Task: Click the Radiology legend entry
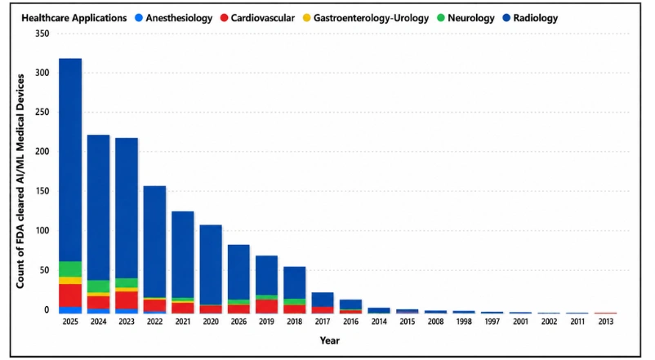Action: (x=531, y=18)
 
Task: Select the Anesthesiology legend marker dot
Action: (x=139, y=18)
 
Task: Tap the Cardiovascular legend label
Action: (x=263, y=18)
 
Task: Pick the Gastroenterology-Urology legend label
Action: (x=371, y=19)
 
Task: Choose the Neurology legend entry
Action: (x=466, y=19)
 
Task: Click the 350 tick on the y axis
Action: (x=42, y=33)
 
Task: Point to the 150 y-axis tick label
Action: (x=42, y=191)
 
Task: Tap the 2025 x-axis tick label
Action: (x=70, y=322)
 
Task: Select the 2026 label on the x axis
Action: (x=238, y=322)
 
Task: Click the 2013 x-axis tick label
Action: (x=606, y=322)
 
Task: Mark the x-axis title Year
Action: (x=330, y=340)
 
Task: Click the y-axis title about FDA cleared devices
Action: (x=20, y=181)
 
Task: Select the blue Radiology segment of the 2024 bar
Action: (x=99, y=207)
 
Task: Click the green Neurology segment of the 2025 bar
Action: (x=70, y=269)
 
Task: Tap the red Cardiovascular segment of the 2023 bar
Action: (x=127, y=300)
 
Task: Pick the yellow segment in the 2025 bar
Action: (x=70, y=280)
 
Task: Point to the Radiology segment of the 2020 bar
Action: (x=211, y=264)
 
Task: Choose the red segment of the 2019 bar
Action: (x=266, y=306)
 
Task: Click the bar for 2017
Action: (x=323, y=303)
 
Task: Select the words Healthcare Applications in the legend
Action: (x=74, y=19)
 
